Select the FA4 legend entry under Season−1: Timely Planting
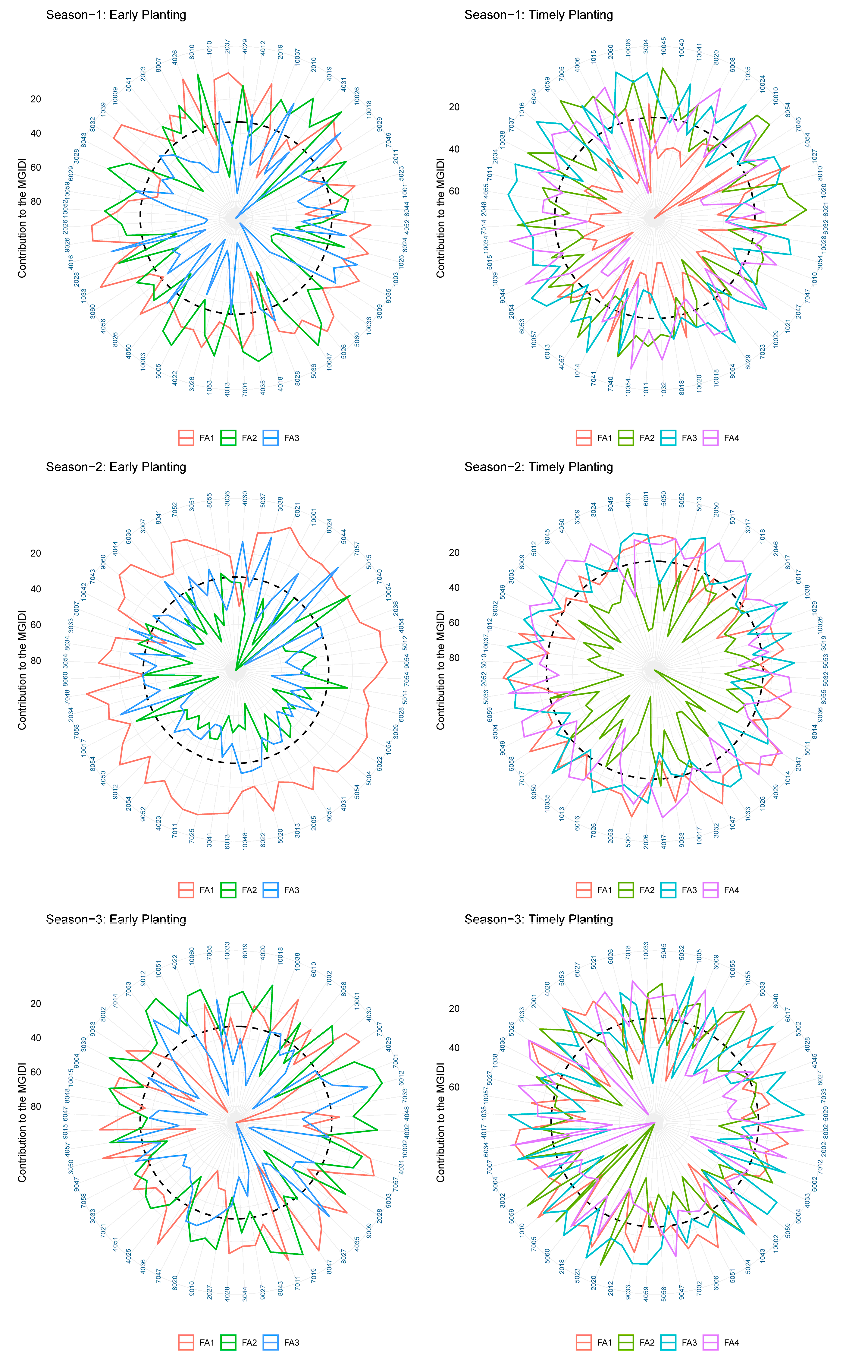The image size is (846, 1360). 722,438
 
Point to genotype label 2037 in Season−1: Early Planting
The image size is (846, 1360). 227,46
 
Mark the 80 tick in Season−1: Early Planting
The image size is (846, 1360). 36,202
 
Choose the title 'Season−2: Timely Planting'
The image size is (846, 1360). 538,467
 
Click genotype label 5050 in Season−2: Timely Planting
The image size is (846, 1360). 664,498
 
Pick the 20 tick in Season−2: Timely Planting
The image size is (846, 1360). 454,553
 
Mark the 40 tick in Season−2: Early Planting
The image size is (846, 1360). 36,589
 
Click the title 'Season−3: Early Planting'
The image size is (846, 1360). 116,919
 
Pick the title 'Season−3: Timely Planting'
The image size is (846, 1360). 538,919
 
